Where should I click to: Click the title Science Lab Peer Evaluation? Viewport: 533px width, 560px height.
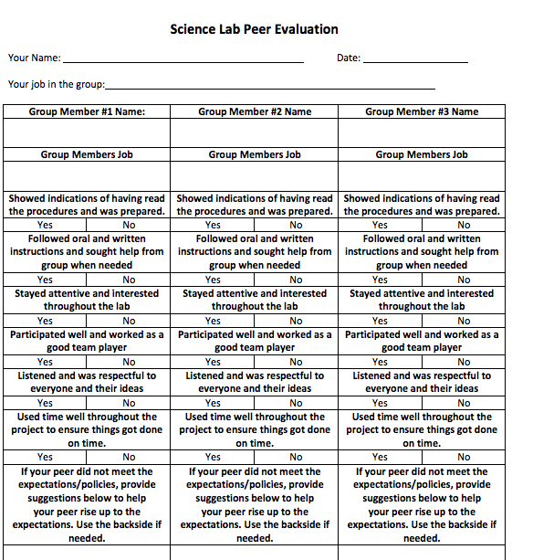(254, 29)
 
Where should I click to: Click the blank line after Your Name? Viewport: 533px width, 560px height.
(183, 58)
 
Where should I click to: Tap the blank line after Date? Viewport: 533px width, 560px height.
(415, 58)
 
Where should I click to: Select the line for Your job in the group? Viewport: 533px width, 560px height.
(270, 85)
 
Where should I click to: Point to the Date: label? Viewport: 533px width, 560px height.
(349, 58)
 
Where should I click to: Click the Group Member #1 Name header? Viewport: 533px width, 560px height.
(87, 111)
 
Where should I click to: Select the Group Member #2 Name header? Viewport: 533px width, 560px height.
(255, 111)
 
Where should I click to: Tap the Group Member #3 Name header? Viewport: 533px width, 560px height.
(422, 111)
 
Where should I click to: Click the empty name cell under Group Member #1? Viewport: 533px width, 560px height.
(87, 133)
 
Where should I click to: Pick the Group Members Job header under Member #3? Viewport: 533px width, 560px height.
(422, 154)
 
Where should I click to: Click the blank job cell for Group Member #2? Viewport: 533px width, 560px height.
(255, 175)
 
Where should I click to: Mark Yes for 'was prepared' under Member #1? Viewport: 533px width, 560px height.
(45, 225)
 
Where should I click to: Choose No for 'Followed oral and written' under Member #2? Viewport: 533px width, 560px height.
(297, 280)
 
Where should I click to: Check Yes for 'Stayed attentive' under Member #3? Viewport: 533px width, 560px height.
(380, 321)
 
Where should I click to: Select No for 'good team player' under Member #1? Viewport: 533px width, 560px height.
(129, 362)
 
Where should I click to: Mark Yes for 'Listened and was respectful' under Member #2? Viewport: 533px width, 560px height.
(213, 403)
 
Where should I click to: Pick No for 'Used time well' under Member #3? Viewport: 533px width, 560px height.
(464, 457)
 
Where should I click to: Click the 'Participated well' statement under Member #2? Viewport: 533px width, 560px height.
(255, 341)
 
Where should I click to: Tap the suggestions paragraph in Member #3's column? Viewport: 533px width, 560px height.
(422, 504)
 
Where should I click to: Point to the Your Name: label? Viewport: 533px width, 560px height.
(34, 58)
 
